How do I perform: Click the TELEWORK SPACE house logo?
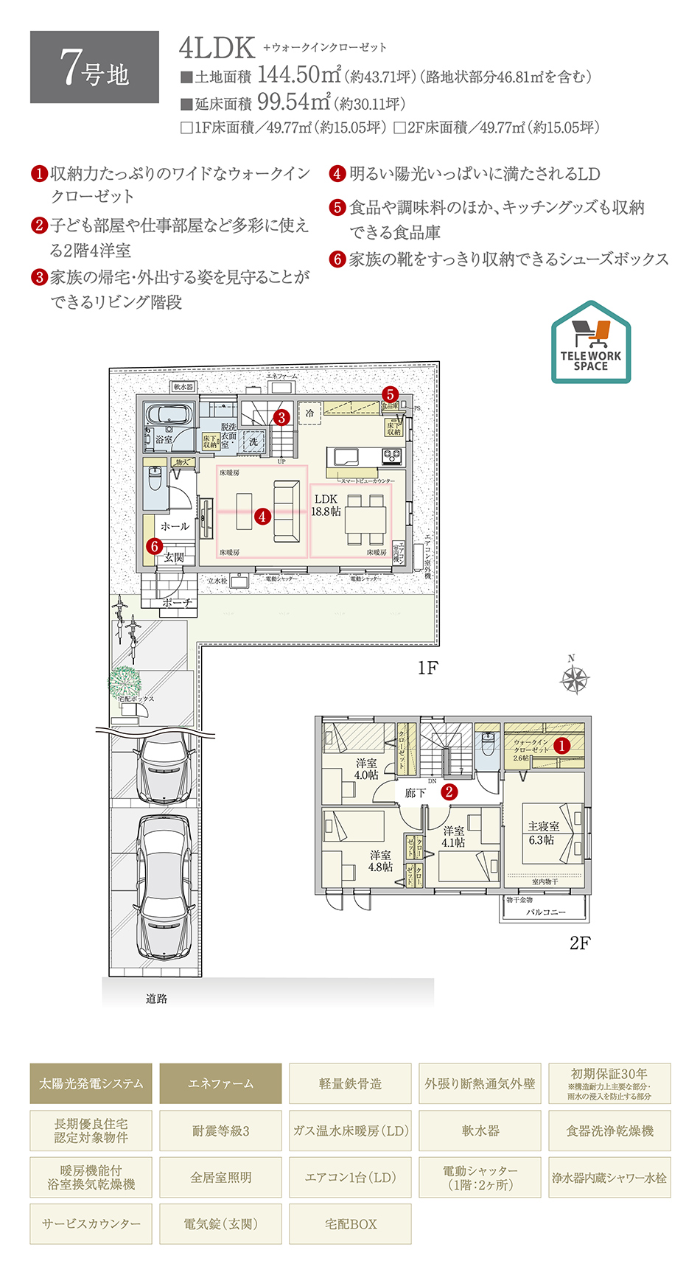pyautogui.click(x=591, y=343)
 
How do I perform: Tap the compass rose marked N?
pyautogui.click(x=575, y=680)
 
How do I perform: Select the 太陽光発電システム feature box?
pyautogui.click(x=91, y=1083)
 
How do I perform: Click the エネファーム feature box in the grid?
pyautogui.click(x=220, y=1083)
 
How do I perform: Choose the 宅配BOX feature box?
pyautogui.click(x=350, y=1224)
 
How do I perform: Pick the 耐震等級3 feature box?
pyautogui.click(x=220, y=1131)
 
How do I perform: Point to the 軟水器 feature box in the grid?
pyautogui.click(x=480, y=1131)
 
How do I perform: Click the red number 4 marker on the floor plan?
pyautogui.click(x=262, y=517)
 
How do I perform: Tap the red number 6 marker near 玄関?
pyautogui.click(x=154, y=546)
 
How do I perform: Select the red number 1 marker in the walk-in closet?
pyautogui.click(x=561, y=746)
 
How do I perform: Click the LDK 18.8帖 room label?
pyautogui.click(x=326, y=505)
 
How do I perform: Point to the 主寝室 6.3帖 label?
pyautogui.click(x=543, y=833)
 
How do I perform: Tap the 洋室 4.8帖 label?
pyautogui.click(x=380, y=861)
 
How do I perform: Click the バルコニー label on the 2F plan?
pyautogui.click(x=545, y=912)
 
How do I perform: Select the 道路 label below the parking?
pyautogui.click(x=156, y=999)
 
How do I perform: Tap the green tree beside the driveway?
pyautogui.click(x=125, y=681)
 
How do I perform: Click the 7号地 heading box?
pyautogui.click(x=94, y=67)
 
